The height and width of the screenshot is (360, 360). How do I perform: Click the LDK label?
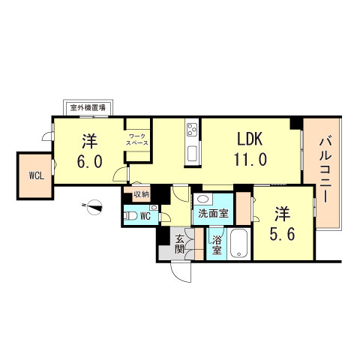click(x=250, y=139)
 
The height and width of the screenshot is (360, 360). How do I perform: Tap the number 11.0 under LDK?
click(x=250, y=160)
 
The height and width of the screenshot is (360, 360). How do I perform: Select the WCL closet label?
click(x=37, y=176)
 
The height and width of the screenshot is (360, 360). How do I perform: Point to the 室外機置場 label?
click(x=88, y=108)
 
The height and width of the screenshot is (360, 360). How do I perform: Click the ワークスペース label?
click(x=136, y=139)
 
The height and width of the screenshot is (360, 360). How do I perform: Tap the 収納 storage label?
click(x=141, y=194)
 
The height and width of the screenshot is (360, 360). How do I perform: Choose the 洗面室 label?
click(x=213, y=213)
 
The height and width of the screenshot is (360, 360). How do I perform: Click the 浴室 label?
click(x=217, y=245)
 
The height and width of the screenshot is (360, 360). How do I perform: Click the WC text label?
click(x=145, y=216)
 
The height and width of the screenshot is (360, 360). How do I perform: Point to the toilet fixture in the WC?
click(x=130, y=216)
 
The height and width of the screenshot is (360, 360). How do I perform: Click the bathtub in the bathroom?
click(x=239, y=244)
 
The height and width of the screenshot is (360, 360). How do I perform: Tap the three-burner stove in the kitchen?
click(x=192, y=130)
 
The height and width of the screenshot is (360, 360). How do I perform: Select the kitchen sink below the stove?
click(x=192, y=154)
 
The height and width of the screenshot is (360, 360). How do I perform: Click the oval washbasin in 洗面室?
click(x=202, y=199)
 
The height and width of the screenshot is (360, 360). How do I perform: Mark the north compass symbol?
click(x=95, y=207)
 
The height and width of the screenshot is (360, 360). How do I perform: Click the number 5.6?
click(x=282, y=234)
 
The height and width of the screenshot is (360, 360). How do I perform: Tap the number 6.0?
click(x=89, y=161)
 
